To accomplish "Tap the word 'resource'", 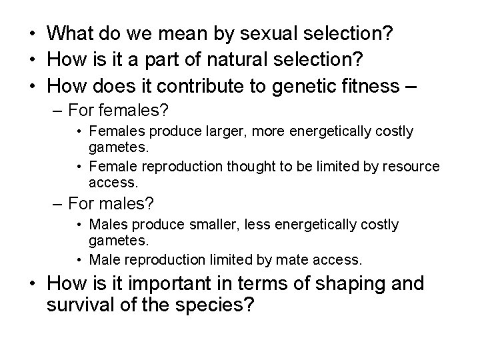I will (412, 165).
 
